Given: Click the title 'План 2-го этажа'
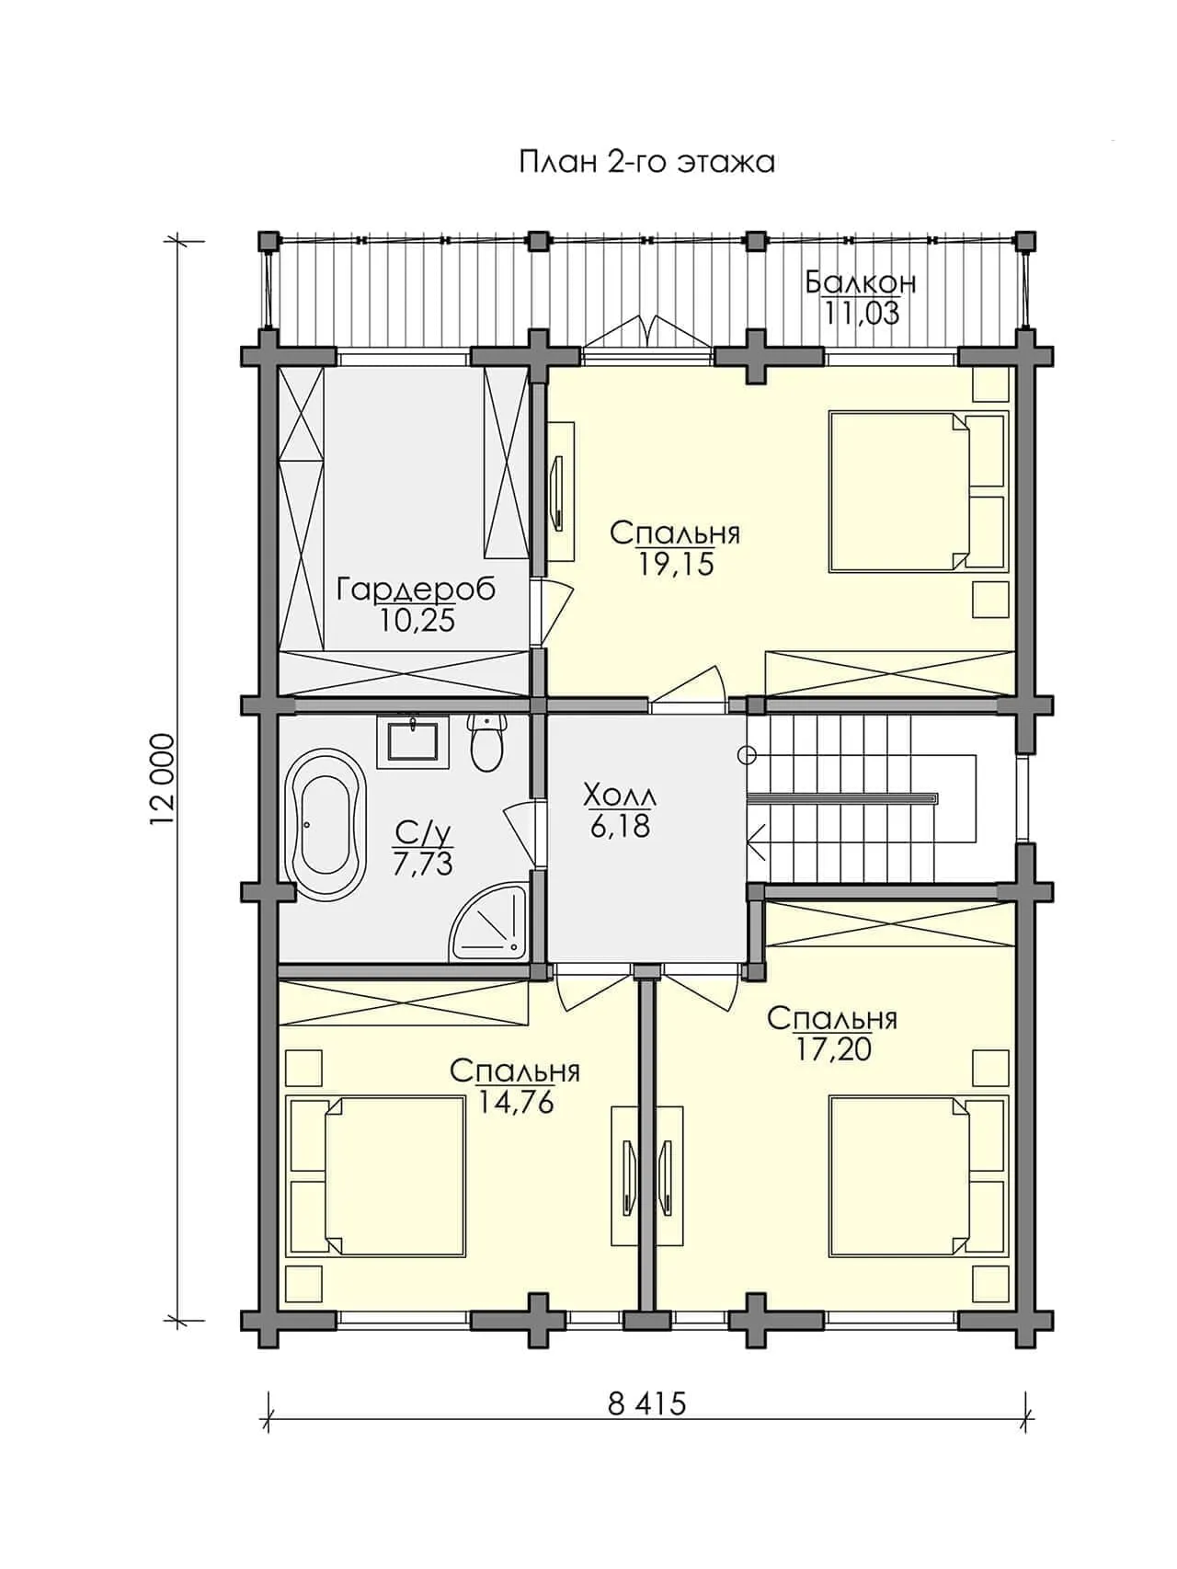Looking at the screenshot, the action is coord(646,162).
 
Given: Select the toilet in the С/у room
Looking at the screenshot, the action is coord(486,743).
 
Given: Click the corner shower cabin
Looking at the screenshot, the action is coord(488,924).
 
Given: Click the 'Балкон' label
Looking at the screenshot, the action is coord(861,281).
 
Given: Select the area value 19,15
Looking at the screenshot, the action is coord(676,564).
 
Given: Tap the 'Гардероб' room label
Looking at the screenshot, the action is coord(416,589).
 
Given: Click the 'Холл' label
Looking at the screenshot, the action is coord(621,795).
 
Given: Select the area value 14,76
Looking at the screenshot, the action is coord(516,1103).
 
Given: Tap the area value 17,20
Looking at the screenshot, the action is coord(833,1049).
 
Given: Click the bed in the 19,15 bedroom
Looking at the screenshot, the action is coord(918,492).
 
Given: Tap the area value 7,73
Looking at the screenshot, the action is coord(423,865).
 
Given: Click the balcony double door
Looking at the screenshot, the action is coord(647,336).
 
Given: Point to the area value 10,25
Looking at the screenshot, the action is coord(417,621).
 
